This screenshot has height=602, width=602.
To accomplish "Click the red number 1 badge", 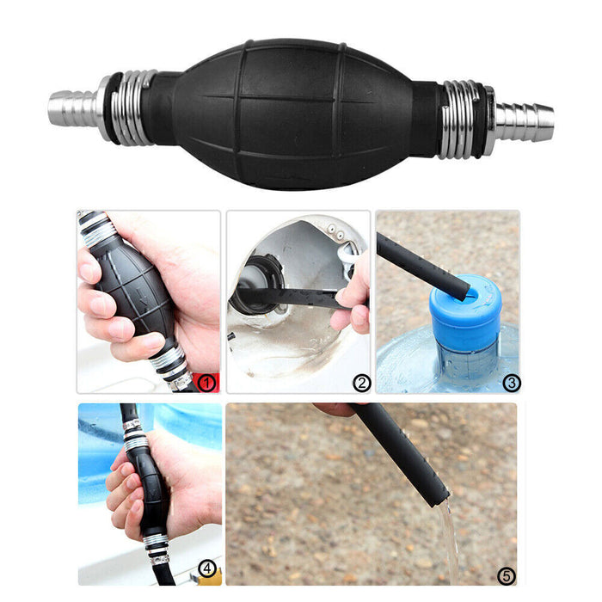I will (207, 382).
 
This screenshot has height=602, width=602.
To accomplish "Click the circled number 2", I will (360, 382).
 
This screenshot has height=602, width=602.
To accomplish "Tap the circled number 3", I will (511, 382).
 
